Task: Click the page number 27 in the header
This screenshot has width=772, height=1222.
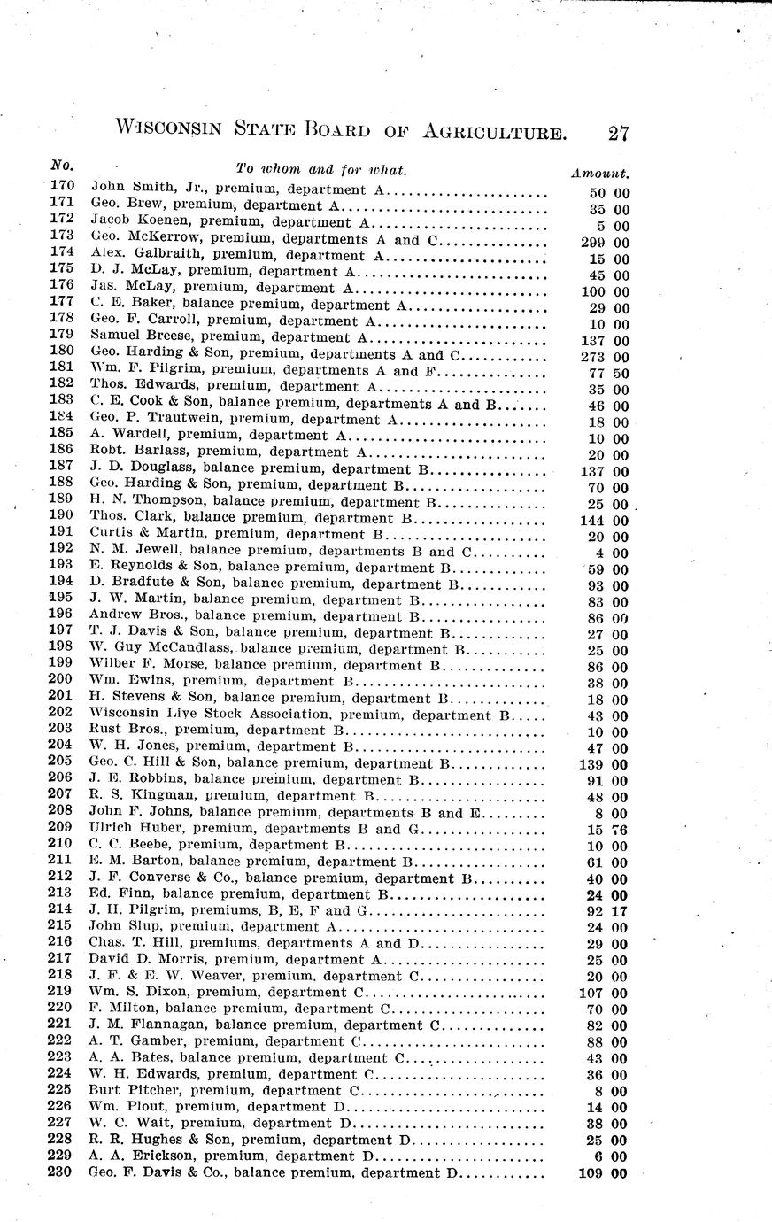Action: point(618,134)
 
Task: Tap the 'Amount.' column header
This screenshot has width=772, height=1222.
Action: point(600,174)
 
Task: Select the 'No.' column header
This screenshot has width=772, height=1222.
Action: point(62,166)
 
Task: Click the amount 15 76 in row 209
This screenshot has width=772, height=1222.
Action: point(609,830)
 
